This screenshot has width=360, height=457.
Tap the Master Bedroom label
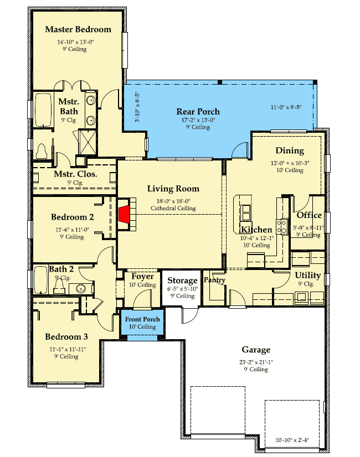[78, 29]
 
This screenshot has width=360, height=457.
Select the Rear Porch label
[198, 111]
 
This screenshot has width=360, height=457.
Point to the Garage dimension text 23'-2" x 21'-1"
[256, 362]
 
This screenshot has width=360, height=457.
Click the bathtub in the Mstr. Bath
[43, 110]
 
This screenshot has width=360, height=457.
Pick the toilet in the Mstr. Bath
[42, 151]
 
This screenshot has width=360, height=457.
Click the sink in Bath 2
[81, 289]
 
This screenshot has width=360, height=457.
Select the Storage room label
[182, 281]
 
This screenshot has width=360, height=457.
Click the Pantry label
[214, 281]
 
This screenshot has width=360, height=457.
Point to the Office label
[309, 215]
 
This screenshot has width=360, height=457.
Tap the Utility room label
[308, 275]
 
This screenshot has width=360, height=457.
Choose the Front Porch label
[142, 319]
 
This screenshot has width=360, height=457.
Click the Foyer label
[142, 276]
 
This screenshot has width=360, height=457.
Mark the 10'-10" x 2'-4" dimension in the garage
[292, 440]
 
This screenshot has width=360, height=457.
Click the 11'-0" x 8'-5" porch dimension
[286, 107]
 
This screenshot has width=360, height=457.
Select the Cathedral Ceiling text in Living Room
[173, 208]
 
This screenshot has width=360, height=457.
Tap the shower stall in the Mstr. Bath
[88, 143]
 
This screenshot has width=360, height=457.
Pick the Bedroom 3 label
[66, 336]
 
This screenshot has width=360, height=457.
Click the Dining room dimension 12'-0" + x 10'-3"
[290, 163]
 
